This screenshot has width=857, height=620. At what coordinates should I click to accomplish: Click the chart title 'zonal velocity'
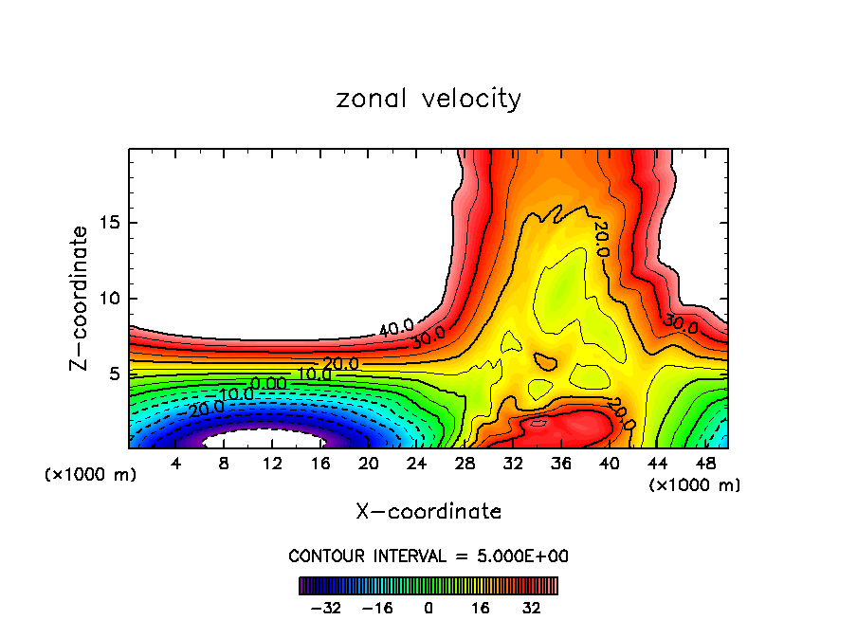[x=428, y=99]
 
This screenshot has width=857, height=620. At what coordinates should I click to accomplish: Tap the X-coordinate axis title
[x=428, y=512]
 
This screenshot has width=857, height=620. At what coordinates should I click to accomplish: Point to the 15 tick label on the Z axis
[x=111, y=223]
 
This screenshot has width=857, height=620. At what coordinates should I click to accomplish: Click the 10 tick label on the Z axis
[x=111, y=298]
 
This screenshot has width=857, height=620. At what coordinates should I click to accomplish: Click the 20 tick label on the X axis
[x=368, y=464]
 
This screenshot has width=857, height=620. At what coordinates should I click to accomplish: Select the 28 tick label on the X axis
[x=465, y=464]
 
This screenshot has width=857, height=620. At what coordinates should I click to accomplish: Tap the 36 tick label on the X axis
[x=560, y=464]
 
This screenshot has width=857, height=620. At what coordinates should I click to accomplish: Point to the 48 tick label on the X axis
[x=704, y=464]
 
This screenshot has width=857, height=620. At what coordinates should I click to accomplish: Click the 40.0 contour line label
[x=396, y=329]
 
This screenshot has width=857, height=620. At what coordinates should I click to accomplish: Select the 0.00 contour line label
[x=267, y=383]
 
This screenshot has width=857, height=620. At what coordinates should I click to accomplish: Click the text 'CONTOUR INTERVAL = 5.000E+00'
[x=428, y=556]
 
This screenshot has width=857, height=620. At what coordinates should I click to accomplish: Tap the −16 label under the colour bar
[x=377, y=608]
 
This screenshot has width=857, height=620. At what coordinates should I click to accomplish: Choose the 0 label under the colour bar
[x=428, y=608]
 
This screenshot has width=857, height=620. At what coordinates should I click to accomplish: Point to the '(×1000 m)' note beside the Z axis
[x=91, y=475]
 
